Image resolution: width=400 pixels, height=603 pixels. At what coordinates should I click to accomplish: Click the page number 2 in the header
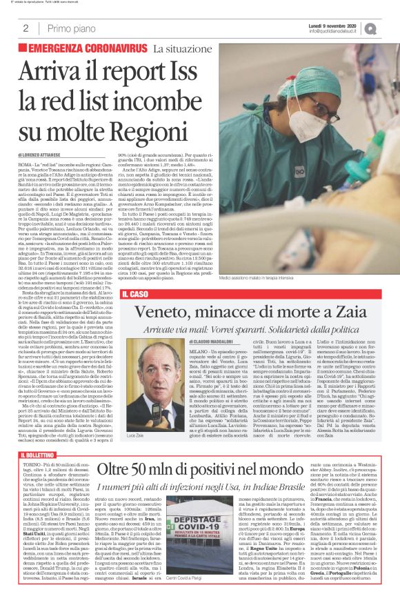pos(25,28)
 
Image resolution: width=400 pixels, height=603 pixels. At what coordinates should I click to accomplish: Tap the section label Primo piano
pos(70,28)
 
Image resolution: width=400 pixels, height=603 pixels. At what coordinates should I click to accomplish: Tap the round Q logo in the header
pos(390,28)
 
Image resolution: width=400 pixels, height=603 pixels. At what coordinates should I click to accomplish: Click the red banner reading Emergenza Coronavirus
pos(83,49)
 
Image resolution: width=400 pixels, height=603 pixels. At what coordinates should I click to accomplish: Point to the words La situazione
pos(181,49)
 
